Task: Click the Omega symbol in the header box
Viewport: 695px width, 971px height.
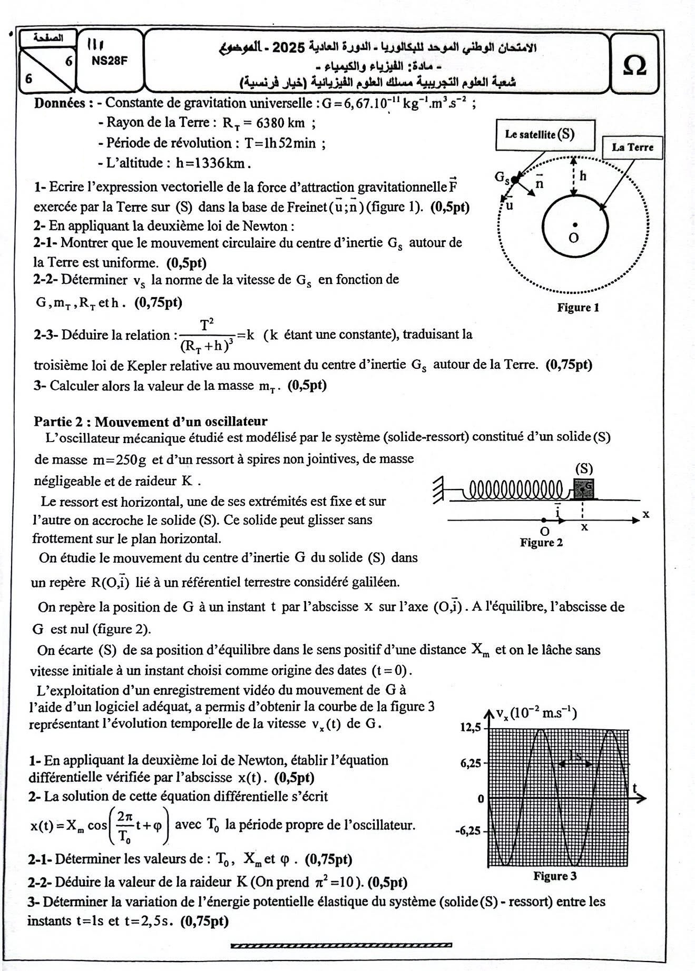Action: [634, 66]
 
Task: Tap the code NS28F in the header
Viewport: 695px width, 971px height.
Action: [110, 60]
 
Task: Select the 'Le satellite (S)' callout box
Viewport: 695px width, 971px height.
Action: [545, 134]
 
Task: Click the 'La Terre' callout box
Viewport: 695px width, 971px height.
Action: [632, 147]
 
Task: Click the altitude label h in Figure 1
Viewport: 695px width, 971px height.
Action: [583, 176]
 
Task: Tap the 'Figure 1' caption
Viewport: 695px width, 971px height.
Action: [578, 308]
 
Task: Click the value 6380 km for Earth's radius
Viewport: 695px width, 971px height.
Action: [280, 123]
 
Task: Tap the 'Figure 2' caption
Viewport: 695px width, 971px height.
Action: [541, 542]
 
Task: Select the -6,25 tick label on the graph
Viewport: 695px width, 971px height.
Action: [468, 831]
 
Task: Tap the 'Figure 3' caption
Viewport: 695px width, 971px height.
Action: [555, 876]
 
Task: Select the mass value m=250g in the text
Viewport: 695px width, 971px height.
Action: [120, 459]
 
